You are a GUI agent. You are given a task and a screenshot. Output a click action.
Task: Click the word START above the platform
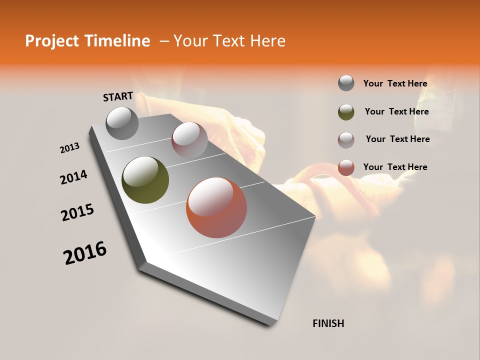(x=118, y=96)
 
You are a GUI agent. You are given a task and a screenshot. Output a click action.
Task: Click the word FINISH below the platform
(x=328, y=323)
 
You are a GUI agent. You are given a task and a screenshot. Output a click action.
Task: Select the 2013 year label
(x=70, y=148)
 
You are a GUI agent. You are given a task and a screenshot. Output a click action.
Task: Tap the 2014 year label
(x=74, y=177)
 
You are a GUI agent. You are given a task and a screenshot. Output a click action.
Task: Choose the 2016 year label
(x=85, y=253)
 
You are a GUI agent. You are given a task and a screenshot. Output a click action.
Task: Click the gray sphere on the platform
(x=122, y=123)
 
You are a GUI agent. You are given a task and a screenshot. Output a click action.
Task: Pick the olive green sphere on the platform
(x=145, y=180)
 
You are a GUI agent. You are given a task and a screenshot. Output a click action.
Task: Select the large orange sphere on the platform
(x=216, y=207)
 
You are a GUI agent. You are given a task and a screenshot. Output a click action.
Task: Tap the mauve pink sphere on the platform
(x=189, y=140)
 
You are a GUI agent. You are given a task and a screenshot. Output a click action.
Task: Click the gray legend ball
(x=346, y=83)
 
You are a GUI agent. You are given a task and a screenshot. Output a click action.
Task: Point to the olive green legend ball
(x=346, y=112)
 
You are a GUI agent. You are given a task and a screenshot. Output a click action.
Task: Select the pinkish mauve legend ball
(x=346, y=140)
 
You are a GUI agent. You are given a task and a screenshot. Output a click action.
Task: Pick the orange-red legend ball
(x=346, y=168)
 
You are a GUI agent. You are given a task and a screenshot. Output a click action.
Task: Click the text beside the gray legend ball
(x=395, y=84)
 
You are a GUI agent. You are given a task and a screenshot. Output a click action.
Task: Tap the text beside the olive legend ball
(x=396, y=112)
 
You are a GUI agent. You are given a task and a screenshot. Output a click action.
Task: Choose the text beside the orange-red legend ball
(x=395, y=167)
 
